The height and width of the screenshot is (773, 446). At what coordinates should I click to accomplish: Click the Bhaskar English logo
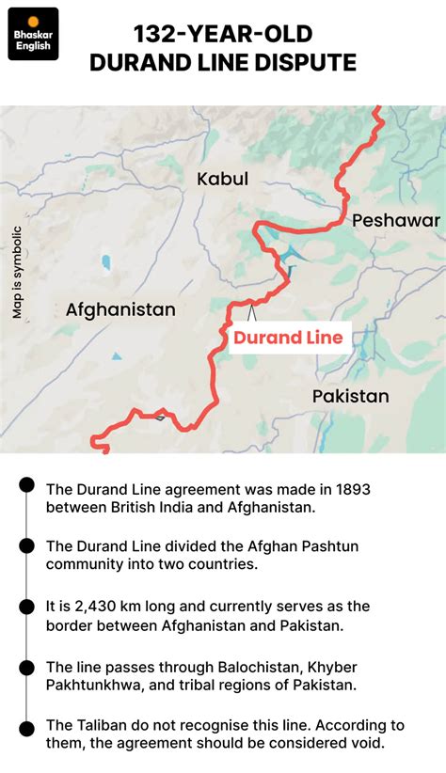[33, 34]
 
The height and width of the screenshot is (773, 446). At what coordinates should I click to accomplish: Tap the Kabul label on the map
[222, 179]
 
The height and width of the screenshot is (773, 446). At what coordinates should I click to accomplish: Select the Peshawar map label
[396, 220]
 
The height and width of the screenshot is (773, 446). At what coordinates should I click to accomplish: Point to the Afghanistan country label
[120, 309]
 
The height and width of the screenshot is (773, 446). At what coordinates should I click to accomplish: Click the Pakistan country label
[351, 396]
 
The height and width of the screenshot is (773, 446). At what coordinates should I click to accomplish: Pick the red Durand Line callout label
[288, 338]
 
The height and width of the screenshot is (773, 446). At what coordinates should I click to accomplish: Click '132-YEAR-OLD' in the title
[222, 36]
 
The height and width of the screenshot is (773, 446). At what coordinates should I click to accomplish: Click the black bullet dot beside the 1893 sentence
[27, 485]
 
